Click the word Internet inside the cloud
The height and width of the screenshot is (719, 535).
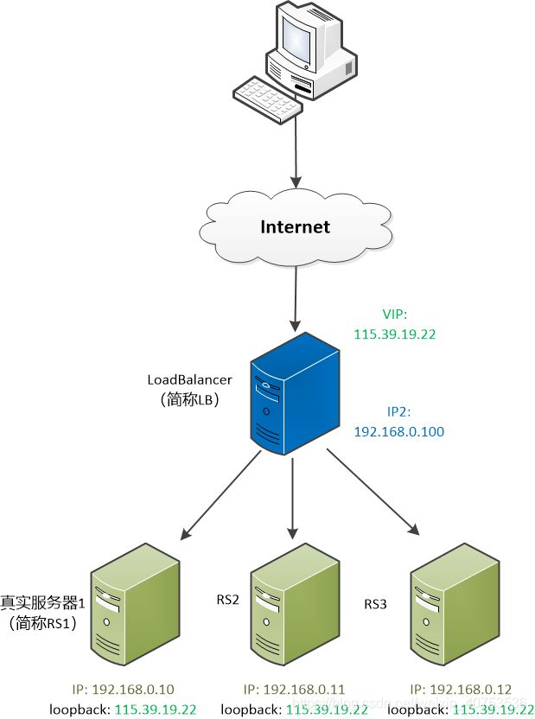[x=296, y=227]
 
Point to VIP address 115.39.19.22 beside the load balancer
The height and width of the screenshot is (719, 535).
[x=395, y=332]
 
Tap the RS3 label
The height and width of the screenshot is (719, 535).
[x=376, y=603]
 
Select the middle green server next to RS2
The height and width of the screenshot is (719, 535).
[x=292, y=604]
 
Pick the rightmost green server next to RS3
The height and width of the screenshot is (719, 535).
[x=452, y=604]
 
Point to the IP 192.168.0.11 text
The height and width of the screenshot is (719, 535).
[x=294, y=689]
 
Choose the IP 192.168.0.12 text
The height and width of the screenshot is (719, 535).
[x=461, y=689]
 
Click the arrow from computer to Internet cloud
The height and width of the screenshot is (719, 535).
[x=296, y=151]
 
